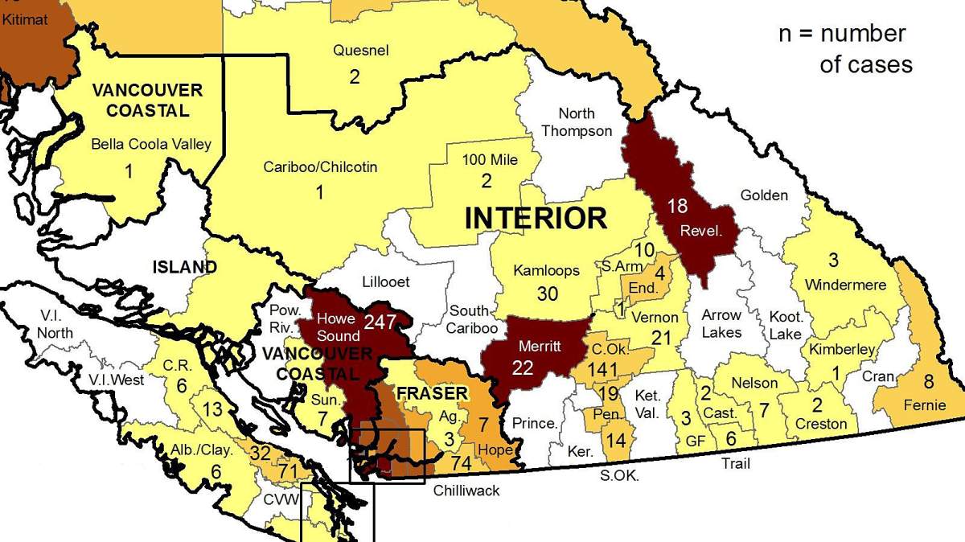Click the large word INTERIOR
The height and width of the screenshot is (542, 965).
pyautogui.click(x=536, y=218)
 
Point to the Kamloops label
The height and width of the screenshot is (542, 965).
pyautogui.click(x=547, y=271)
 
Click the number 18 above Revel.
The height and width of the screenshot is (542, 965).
pyautogui.click(x=677, y=207)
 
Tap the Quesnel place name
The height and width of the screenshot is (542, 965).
pyautogui.click(x=361, y=51)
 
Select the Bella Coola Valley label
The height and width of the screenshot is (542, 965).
pyautogui.click(x=151, y=145)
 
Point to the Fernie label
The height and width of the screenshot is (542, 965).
pyautogui.click(x=925, y=404)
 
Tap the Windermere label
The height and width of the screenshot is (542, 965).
pyautogui.click(x=844, y=285)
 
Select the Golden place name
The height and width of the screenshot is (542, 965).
pyautogui.click(x=764, y=195)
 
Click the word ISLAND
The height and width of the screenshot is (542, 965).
pyautogui.click(x=185, y=267)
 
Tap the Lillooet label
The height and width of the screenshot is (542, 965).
pyautogui.click(x=386, y=282)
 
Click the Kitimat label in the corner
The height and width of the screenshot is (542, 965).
pyautogui.click(x=25, y=18)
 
